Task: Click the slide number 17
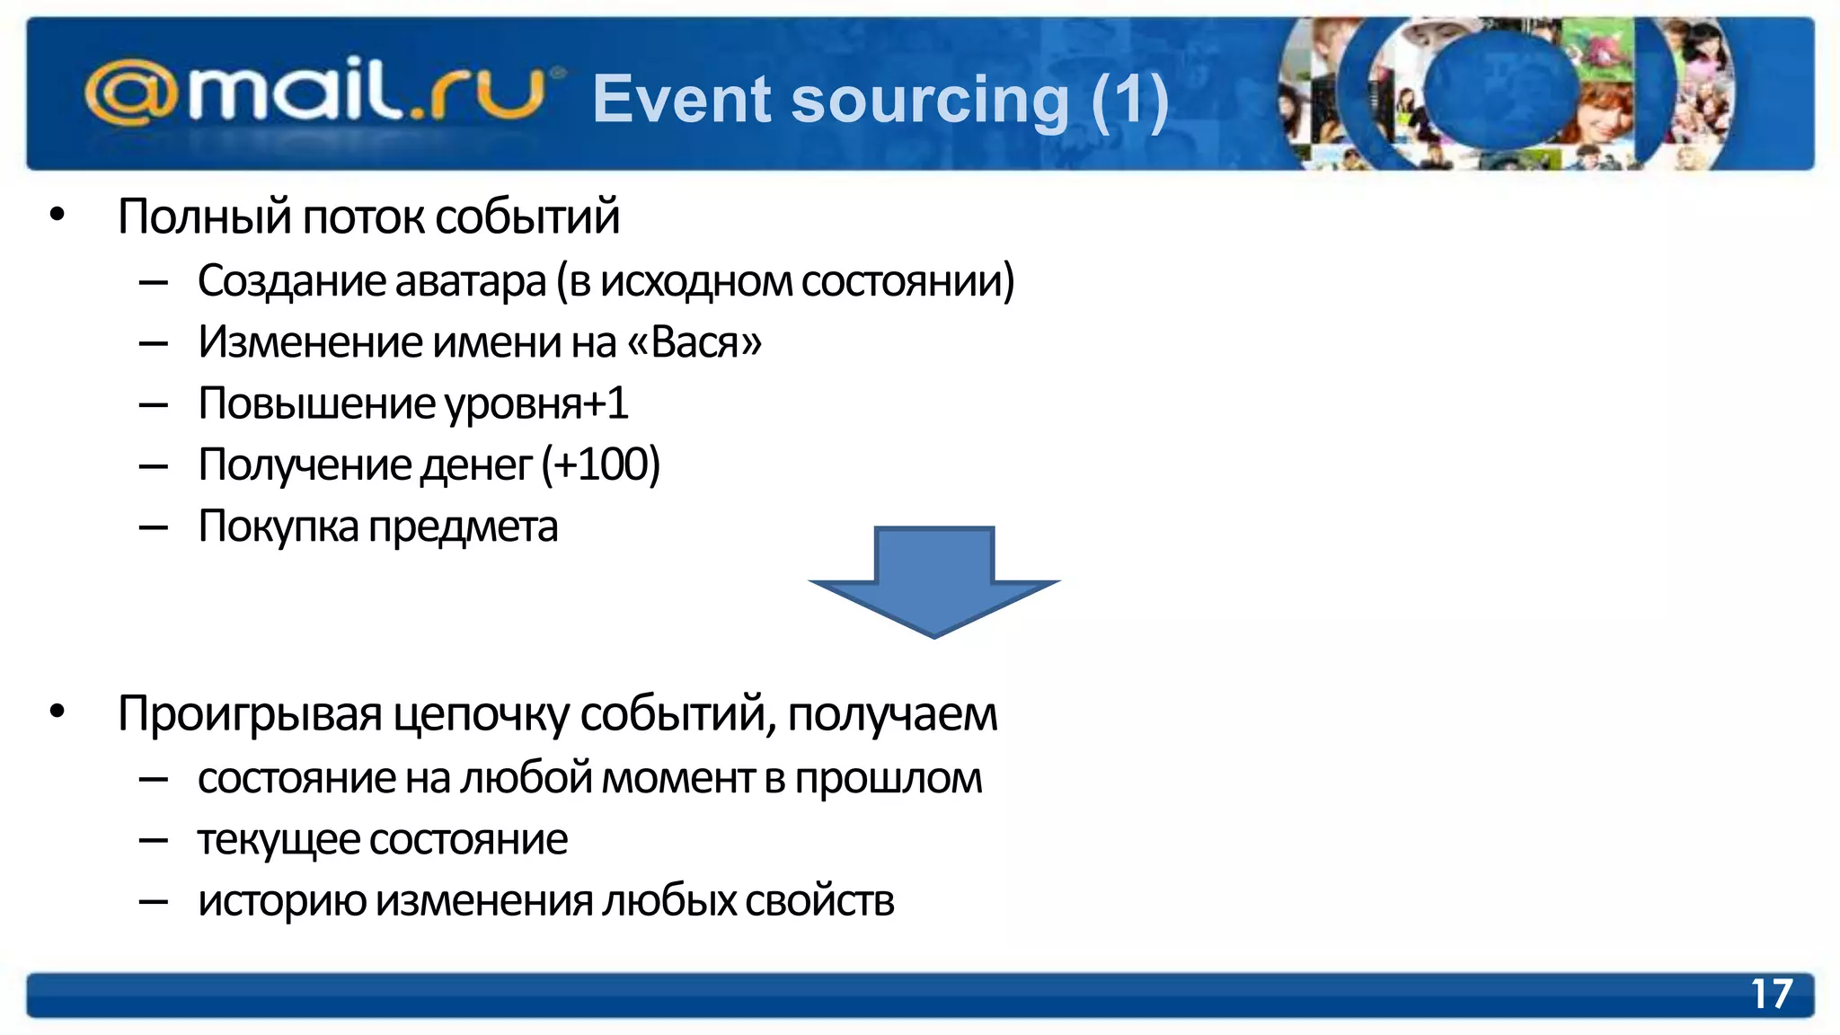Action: tap(1771, 995)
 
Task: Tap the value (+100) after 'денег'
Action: tap(601, 464)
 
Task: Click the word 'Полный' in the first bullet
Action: tap(204, 217)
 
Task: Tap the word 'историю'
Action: tap(281, 901)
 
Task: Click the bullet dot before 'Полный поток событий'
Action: tap(57, 215)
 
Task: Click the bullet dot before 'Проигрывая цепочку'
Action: tap(57, 712)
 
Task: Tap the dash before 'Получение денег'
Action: tap(154, 466)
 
